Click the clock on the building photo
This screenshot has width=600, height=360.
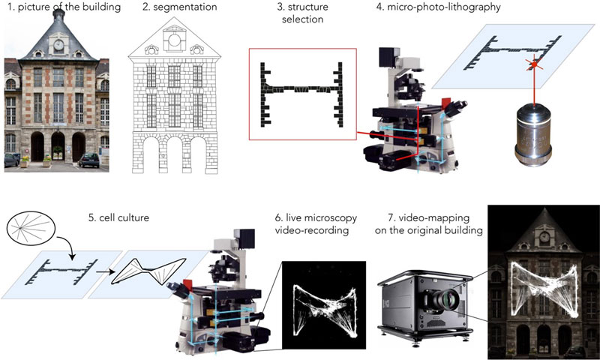pyautogui.click(x=58, y=44)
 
